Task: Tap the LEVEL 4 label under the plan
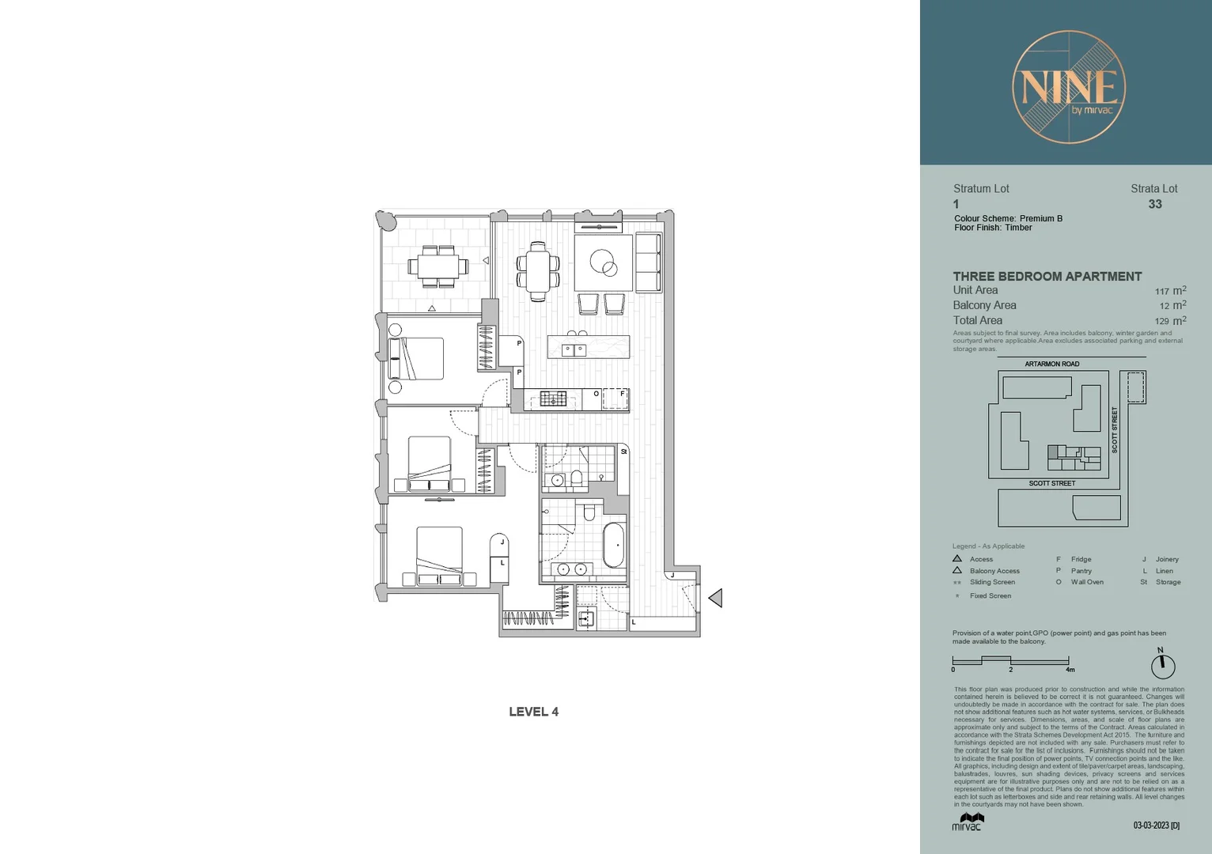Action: [x=533, y=712]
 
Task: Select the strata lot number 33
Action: [x=1155, y=204]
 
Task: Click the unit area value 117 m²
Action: [x=1169, y=291]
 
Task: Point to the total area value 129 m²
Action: [x=1169, y=321]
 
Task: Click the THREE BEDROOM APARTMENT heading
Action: [x=1047, y=276]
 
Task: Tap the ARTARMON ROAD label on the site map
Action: [x=1051, y=365]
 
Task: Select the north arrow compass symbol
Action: [x=1162, y=664]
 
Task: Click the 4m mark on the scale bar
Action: [x=1070, y=669]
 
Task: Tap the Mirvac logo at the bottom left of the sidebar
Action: [x=967, y=822]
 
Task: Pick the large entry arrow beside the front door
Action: [x=715, y=598]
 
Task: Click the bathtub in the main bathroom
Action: [x=614, y=545]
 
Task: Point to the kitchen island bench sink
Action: [x=574, y=350]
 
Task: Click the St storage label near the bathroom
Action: [x=623, y=452]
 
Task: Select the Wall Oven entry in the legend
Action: [x=1087, y=582]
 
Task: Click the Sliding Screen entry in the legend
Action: [x=992, y=582]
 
